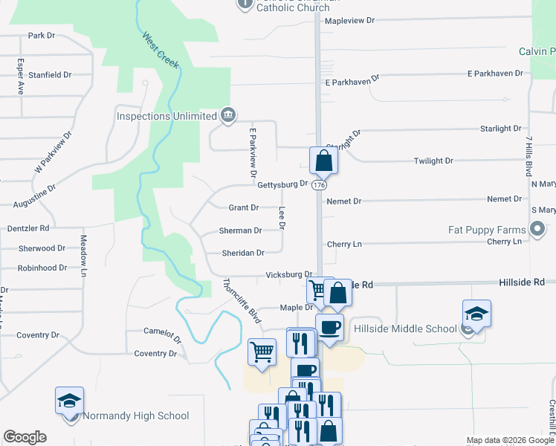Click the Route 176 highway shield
tap(319, 184)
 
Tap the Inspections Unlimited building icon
tap(228, 115)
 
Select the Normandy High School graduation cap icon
tap(69, 401)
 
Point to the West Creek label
tap(161, 51)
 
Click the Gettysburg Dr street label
tap(282, 184)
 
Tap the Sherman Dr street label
tap(240, 230)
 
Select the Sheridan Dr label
tap(243, 253)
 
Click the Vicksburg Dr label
tap(290, 275)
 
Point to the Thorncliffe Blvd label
tap(242, 300)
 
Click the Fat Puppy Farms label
tap(487, 230)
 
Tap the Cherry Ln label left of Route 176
tap(344, 244)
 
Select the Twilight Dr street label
tap(433, 161)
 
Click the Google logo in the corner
tap(25, 437)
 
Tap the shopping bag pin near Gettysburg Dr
tap(323, 160)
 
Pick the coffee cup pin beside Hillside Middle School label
tap(329, 326)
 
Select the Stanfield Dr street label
tap(50, 75)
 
